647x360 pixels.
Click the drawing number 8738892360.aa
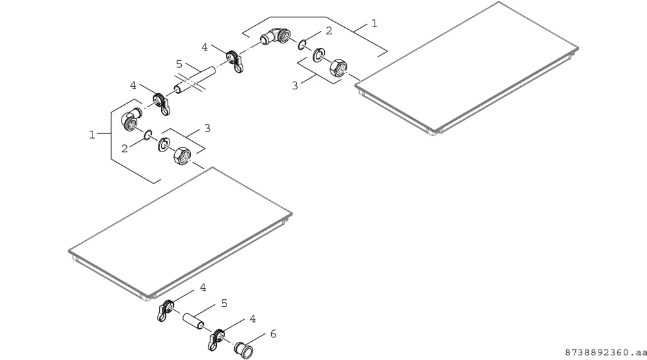(x=606, y=352)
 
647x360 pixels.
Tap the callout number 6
(x=273, y=333)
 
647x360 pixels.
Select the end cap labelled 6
(x=243, y=349)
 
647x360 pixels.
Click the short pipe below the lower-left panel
(x=193, y=321)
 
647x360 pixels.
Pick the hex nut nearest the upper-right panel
(x=338, y=67)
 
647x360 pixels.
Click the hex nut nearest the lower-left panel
(x=182, y=155)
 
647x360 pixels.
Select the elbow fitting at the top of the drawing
(x=276, y=37)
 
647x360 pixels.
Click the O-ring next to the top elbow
(x=302, y=44)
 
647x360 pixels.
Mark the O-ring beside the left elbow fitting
(x=148, y=134)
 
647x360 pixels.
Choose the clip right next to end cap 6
(x=216, y=339)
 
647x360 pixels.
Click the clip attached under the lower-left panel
(x=165, y=310)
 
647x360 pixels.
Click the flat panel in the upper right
(x=466, y=68)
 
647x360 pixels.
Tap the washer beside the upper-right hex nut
(x=318, y=55)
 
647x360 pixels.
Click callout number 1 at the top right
(x=374, y=23)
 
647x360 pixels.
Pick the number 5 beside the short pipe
(x=224, y=304)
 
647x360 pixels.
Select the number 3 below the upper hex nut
(x=294, y=85)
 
